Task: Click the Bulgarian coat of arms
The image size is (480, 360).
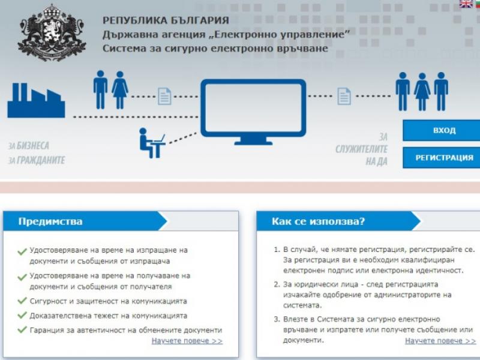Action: (x=52, y=32)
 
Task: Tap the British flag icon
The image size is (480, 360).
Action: (x=466, y=4)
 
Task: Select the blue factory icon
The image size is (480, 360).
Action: (x=36, y=100)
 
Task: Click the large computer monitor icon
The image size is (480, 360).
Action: (x=253, y=112)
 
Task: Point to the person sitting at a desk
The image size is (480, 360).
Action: (x=152, y=143)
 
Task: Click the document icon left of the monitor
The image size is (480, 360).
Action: (x=164, y=97)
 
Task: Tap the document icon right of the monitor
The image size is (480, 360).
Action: (x=344, y=96)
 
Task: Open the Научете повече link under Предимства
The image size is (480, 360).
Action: (x=187, y=341)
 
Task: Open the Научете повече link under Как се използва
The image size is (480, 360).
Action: (x=440, y=341)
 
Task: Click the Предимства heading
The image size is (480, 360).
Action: (x=50, y=221)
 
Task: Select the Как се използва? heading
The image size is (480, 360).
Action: (x=319, y=221)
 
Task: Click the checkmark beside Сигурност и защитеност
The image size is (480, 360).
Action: (x=22, y=301)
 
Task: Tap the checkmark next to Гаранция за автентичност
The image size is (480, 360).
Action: (x=22, y=329)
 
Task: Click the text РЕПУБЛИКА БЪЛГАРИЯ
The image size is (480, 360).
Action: (x=166, y=20)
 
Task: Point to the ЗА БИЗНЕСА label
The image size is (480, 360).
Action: (x=29, y=145)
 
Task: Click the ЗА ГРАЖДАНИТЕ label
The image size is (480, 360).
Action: (x=37, y=160)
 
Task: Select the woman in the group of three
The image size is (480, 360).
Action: (x=422, y=92)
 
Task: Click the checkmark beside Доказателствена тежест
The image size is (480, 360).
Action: (x=22, y=315)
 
